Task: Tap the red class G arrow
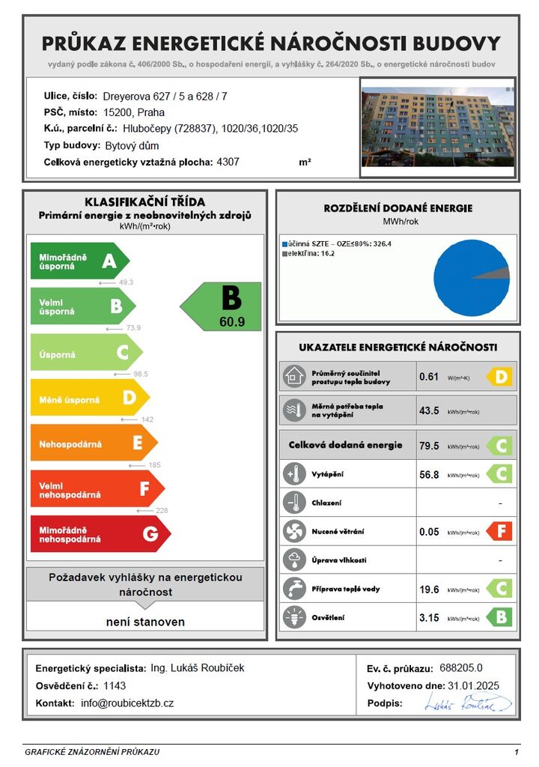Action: coord(99,534)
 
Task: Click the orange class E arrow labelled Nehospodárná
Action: coord(93,443)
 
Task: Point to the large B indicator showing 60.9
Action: coord(223,307)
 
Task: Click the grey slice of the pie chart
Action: coord(502,274)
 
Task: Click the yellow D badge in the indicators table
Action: coord(499,376)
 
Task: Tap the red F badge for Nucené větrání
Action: coord(499,532)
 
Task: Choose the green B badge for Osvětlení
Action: coord(499,617)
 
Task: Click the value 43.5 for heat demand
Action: coord(430,411)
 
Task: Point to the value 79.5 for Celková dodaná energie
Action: coord(430,446)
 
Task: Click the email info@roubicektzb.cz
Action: coord(127,703)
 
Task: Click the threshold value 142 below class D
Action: coord(146,419)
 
